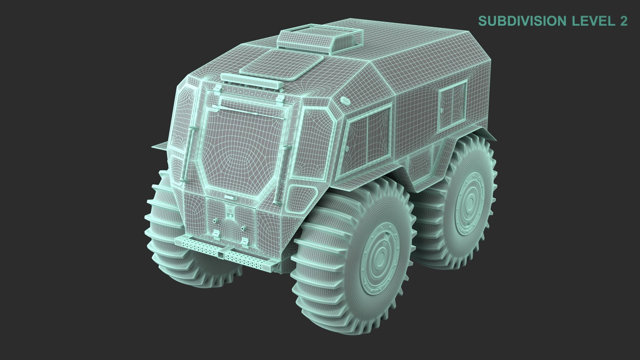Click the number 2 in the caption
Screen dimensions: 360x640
[623, 21]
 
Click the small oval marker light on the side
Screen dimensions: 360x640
[345, 101]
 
